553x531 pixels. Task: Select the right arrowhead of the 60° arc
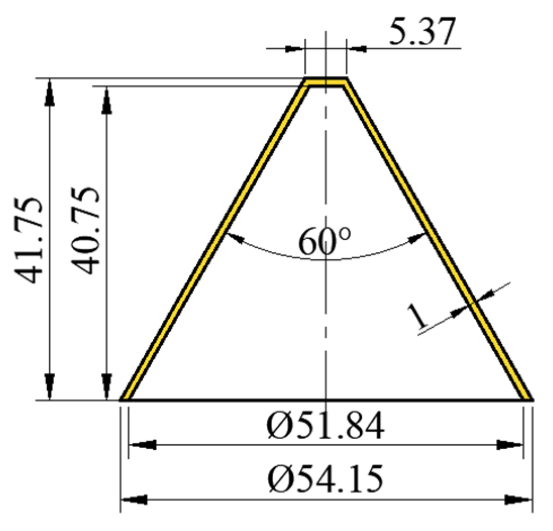[419, 237]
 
